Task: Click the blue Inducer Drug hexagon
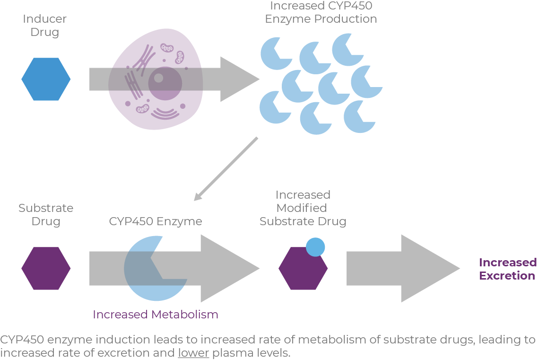(46, 79)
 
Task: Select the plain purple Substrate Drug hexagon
(46, 268)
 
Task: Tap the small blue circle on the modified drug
(315, 247)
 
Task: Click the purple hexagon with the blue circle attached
(302, 271)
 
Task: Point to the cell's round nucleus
(165, 83)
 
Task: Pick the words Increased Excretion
(507, 269)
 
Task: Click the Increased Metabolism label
(156, 315)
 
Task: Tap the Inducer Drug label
(45, 26)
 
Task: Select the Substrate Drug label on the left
(46, 215)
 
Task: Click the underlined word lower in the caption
(193, 353)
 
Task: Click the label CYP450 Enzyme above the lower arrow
(156, 221)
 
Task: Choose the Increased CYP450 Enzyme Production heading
(321, 13)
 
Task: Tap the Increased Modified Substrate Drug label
(303, 208)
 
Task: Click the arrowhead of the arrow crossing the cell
(239, 79)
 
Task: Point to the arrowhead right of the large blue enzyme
(229, 268)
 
